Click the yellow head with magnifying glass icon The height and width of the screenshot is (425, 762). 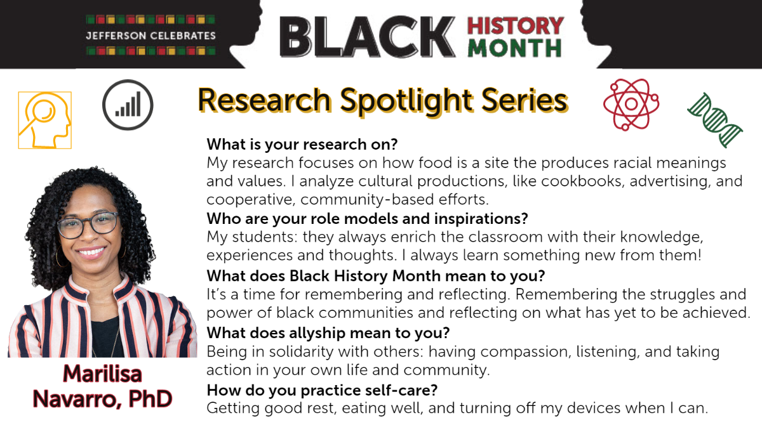click(45, 121)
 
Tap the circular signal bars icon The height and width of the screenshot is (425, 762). click(128, 105)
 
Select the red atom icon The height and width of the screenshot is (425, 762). click(631, 104)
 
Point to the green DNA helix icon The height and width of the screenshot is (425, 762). click(715, 120)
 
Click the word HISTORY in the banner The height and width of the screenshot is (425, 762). click(516, 26)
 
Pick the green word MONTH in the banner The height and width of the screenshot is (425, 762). click(515, 48)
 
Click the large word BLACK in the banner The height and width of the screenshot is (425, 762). click(368, 37)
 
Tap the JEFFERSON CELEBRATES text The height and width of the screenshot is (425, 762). click(151, 36)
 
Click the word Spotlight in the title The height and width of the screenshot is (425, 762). click(406, 101)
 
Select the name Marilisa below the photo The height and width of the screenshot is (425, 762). click(102, 374)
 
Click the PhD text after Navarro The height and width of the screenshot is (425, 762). click(150, 399)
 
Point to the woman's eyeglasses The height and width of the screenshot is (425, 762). click(88, 225)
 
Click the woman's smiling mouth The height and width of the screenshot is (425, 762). click(91, 252)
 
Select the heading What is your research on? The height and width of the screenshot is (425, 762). click(302, 145)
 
